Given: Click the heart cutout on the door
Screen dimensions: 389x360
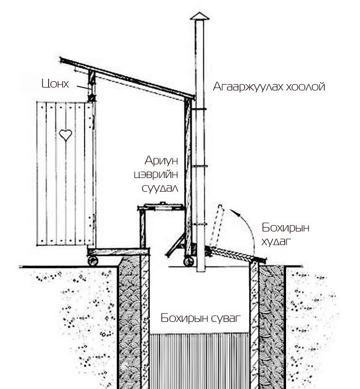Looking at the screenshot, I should (x=65, y=135).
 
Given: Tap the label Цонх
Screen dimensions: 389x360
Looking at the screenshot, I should (x=55, y=84).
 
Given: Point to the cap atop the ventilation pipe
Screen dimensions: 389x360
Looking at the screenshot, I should (x=200, y=16).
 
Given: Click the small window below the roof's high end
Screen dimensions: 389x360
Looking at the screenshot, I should (x=91, y=90).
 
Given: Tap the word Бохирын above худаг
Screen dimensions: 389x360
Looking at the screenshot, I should (x=286, y=228).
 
